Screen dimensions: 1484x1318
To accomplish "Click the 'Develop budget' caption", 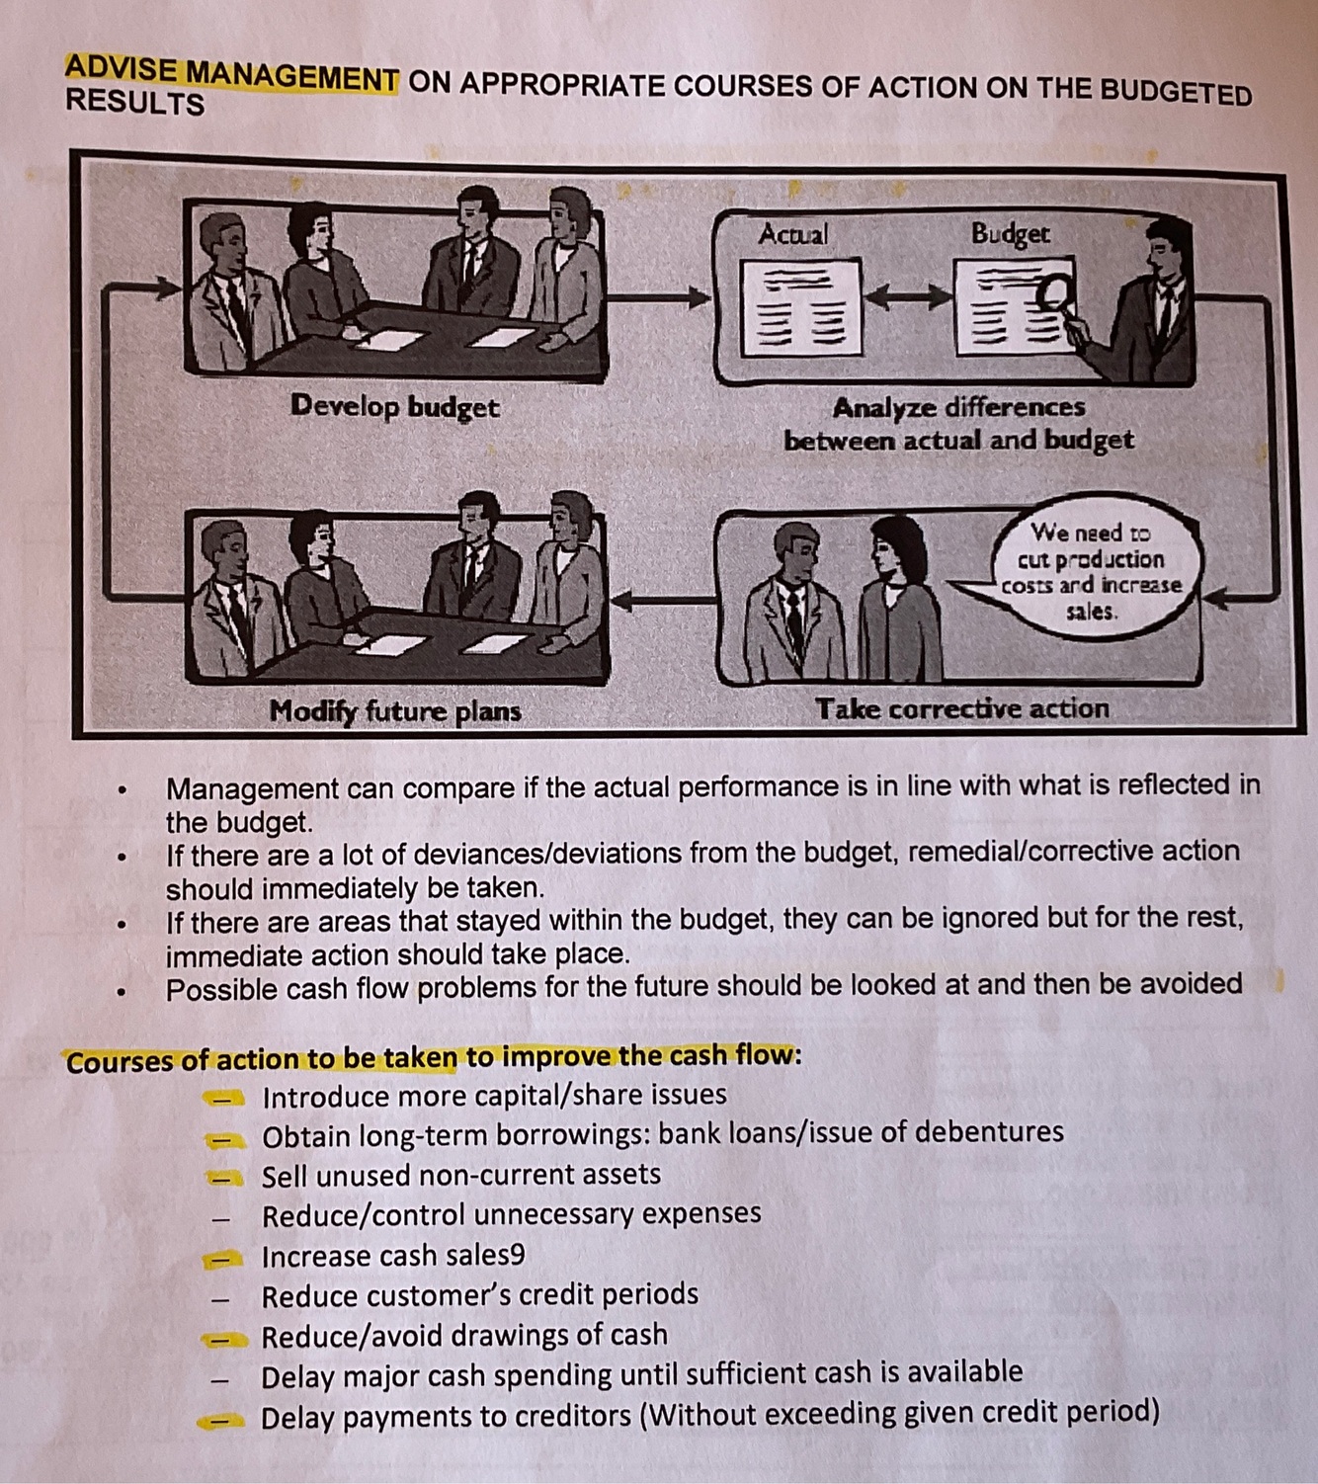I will (394, 406).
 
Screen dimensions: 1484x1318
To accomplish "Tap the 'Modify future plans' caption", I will (394, 711).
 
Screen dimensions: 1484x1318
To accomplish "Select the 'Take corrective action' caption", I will (961, 708).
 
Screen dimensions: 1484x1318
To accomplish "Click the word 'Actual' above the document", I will (793, 234).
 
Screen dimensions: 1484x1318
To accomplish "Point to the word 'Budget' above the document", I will (1010, 234).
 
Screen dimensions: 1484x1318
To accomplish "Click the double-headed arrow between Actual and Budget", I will (907, 295).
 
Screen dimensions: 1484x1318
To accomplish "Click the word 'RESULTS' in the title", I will (134, 104).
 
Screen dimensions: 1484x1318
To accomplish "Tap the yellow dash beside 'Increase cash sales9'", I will (224, 1259).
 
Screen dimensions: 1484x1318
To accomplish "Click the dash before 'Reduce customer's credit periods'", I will (224, 1298).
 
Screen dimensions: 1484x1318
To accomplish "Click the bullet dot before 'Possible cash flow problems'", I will (121, 991).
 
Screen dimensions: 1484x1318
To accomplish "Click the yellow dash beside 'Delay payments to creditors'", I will (221, 1421).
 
